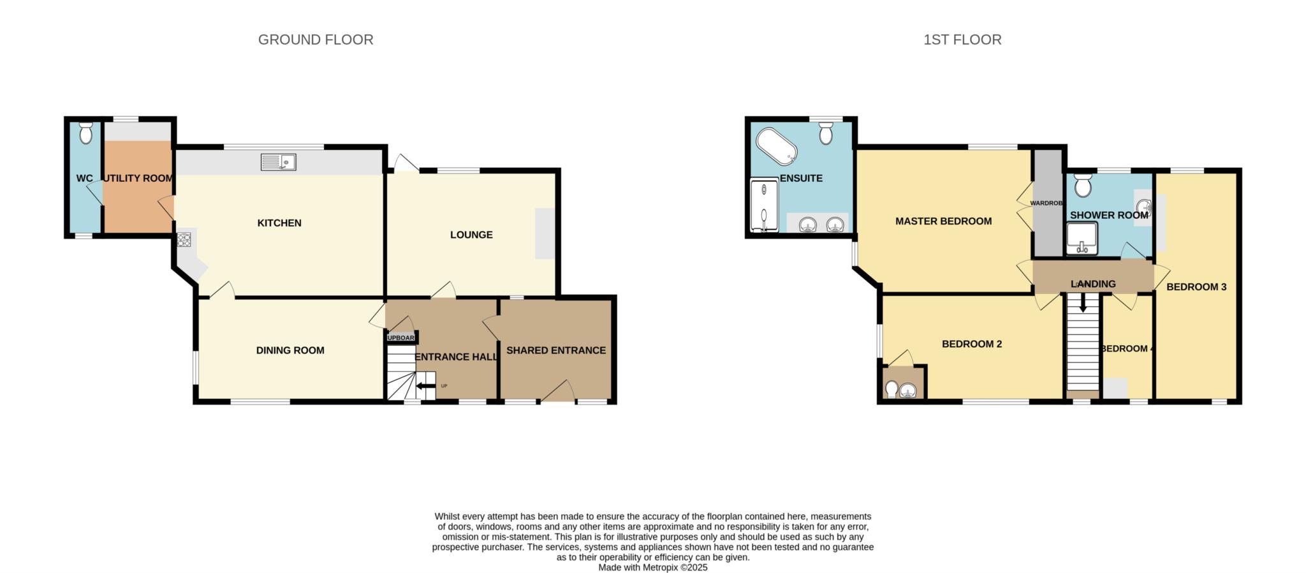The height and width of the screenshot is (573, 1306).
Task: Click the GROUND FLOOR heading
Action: coord(316,40)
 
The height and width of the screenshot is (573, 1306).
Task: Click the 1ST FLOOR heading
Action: coord(962,40)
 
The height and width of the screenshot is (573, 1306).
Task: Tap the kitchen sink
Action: coord(278,162)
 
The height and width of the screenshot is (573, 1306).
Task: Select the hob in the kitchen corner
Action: coord(184,240)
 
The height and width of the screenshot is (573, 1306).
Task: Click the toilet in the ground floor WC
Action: coord(85,133)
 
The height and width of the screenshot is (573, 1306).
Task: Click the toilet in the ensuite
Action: coord(826,132)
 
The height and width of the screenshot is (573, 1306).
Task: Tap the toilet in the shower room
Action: coord(1082,186)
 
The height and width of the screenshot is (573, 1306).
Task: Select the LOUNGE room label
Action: coord(471,235)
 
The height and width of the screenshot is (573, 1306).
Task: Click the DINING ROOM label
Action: coord(290,350)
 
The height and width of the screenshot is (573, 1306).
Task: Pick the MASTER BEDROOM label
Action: coord(943,221)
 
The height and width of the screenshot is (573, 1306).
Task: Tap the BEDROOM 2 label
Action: coord(972,344)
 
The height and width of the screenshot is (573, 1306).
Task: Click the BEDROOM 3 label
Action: coord(1196,287)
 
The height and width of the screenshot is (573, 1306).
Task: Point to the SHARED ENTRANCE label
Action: coord(556,350)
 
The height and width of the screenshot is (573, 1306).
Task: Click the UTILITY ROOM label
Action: coord(138,178)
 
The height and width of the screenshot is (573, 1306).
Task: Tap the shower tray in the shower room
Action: coord(1082,237)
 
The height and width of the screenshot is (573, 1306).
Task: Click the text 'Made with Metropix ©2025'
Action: coord(653,567)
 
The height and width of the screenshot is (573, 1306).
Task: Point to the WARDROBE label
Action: coord(1046,203)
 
